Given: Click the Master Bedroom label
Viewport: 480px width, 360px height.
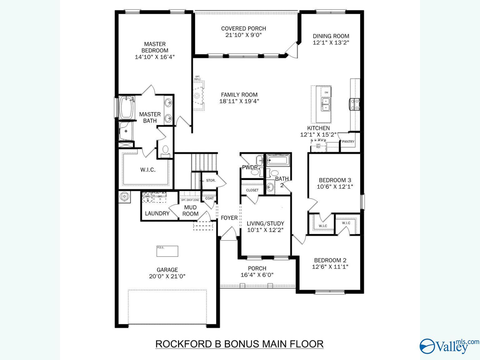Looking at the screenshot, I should point(155,47).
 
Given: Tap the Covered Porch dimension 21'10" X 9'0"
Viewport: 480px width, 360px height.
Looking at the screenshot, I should point(243,35).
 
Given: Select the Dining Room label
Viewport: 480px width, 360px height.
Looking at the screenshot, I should point(331,36).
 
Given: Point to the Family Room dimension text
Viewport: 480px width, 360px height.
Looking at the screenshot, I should point(239,101).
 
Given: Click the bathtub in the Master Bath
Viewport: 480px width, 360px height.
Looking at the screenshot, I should point(126,107).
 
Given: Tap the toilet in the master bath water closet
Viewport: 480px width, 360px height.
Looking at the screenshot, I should point(165,150).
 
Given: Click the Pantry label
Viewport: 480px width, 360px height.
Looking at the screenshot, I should point(348,142).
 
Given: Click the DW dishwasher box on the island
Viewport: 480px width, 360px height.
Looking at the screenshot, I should point(326,92).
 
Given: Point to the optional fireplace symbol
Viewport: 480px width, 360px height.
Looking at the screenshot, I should point(197,96).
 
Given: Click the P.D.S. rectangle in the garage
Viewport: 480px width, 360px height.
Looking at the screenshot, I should point(167,251).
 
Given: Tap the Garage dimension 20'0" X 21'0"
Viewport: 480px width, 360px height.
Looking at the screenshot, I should point(167,276).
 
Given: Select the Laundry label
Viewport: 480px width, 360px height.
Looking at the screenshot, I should point(157,213).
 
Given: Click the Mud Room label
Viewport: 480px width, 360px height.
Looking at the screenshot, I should point(190,211).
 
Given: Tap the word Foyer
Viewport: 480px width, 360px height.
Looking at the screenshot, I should point(229,218).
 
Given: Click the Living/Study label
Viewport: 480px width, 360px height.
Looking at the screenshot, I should point(265,223).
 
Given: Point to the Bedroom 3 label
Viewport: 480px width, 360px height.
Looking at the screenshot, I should point(335,180).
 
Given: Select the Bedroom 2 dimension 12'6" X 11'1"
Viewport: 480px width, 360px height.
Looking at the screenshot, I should point(330,267).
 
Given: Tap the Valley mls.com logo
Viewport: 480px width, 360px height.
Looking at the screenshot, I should point(448,346).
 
